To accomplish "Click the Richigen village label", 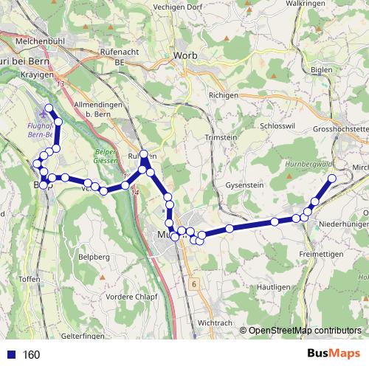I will click(x=224, y=96).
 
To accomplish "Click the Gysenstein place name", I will click(x=246, y=184).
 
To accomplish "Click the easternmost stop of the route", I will click(x=332, y=179).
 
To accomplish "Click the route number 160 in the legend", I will click(x=31, y=355).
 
